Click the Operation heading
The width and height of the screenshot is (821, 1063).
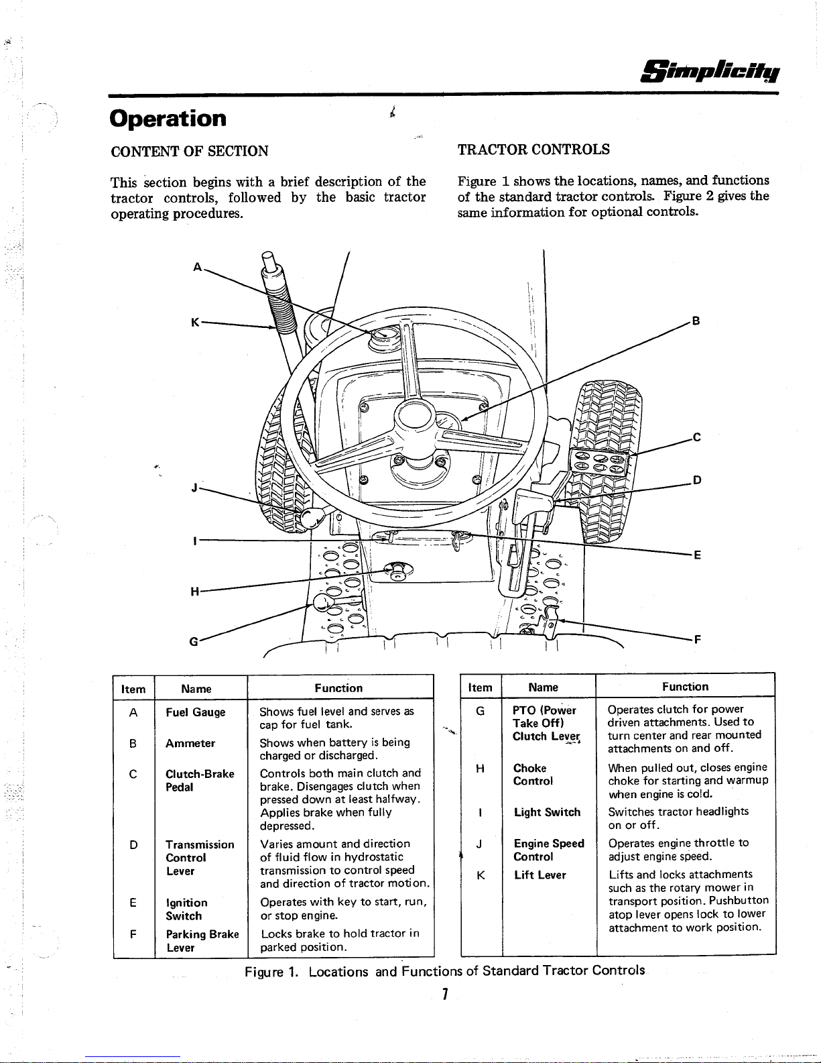pyautogui.click(x=168, y=119)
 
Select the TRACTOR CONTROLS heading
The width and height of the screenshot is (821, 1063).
pyautogui.click(x=533, y=149)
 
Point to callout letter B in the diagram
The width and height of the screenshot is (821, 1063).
pyautogui.click(x=696, y=321)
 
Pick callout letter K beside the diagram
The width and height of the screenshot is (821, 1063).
pyautogui.click(x=195, y=323)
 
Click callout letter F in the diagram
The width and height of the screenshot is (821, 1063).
pyautogui.click(x=698, y=639)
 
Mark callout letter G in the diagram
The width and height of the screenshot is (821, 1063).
pyautogui.click(x=194, y=641)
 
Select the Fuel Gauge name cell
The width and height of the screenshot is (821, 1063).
pyautogui.click(x=195, y=712)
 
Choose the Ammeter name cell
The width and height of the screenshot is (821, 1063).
pyautogui.click(x=190, y=743)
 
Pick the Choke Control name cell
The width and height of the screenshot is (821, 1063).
pyautogui.click(x=533, y=775)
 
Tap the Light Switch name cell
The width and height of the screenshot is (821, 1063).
pyautogui.click(x=547, y=812)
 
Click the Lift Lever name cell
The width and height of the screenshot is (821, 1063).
pyautogui.click(x=540, y=875)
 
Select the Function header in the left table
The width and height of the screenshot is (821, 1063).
pyautogui.click(x=338, y=688)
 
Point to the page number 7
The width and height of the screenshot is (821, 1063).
pyautogui.click(x=444, y=993)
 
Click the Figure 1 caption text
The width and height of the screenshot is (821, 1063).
pyautogui.click(x=444, y=970)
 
